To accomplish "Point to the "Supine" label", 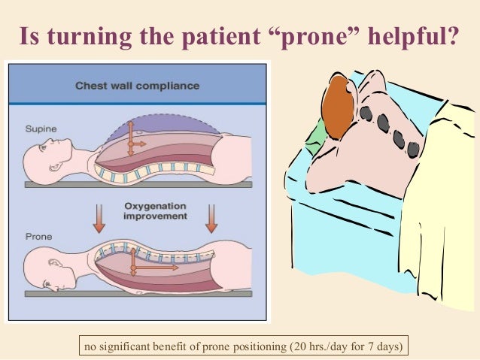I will coord(36,128).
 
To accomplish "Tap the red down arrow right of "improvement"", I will coord(211,217).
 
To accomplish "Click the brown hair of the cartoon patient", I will coord(336,105).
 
